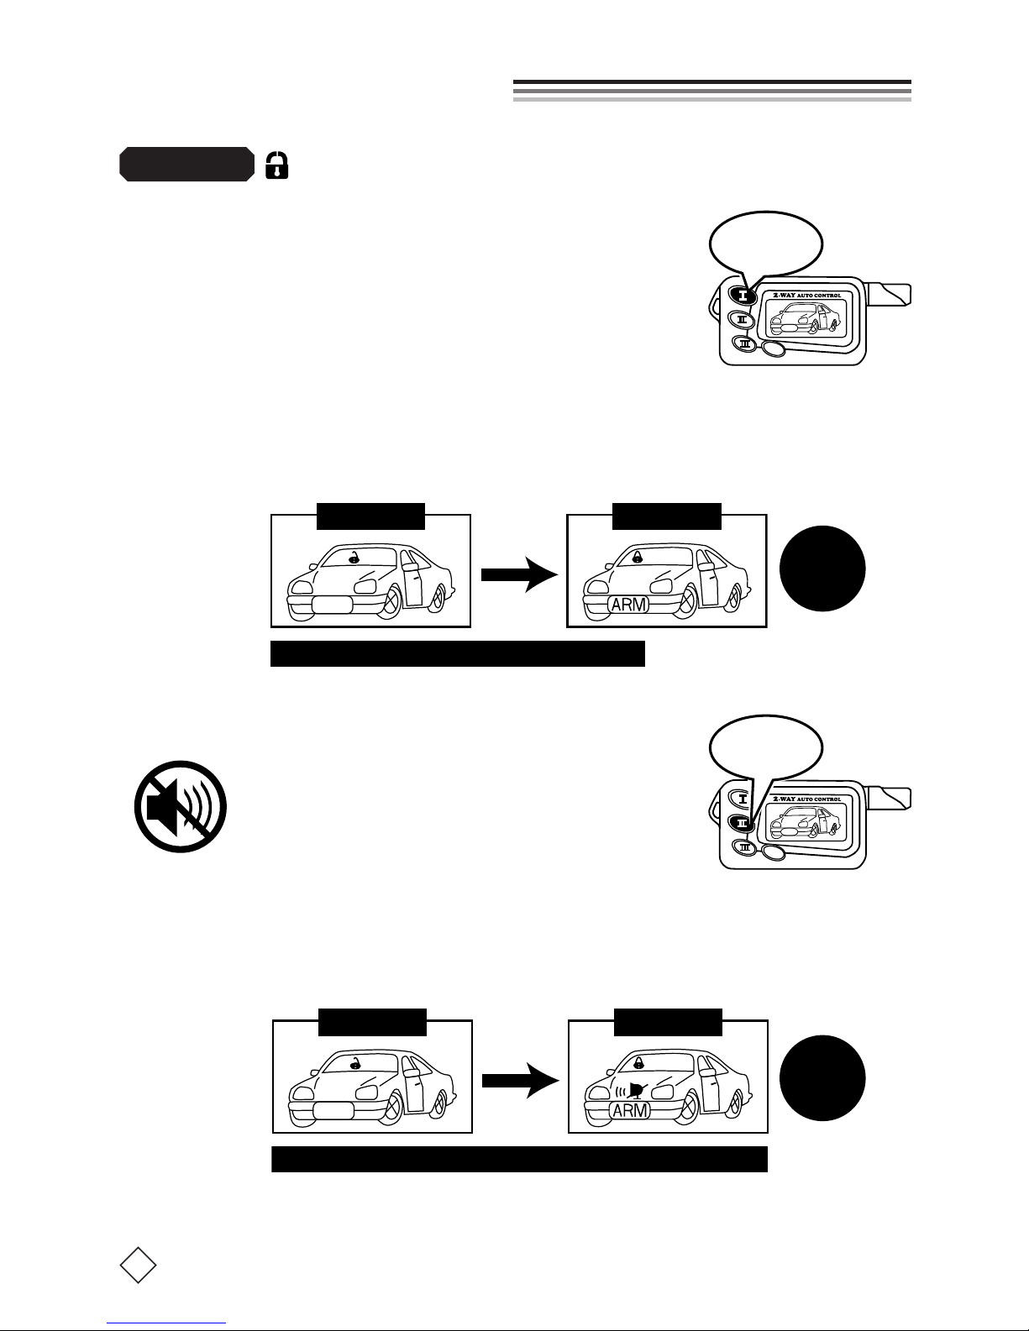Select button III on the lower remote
point(743,846)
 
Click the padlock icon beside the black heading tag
point(276,165)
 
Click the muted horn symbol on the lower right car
point(634,1091)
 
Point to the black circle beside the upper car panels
point(822,569)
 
